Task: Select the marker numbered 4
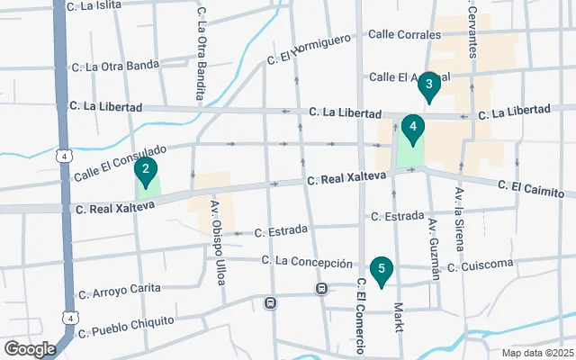coord(412,128)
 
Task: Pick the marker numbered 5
coord(382,269)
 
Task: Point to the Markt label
coord(398,317)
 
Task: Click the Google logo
coord(30,349)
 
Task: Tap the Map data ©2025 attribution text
coord(536,353)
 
